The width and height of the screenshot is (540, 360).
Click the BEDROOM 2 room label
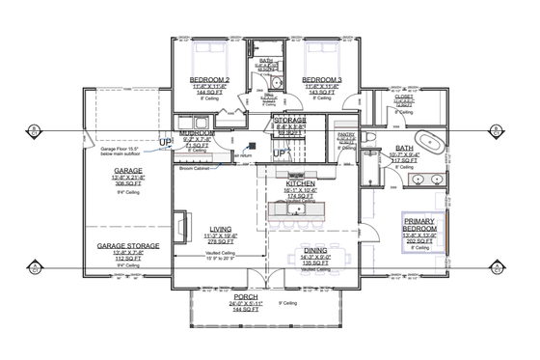[x=207, y=79]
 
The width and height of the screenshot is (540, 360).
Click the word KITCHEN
[x=302, y=182]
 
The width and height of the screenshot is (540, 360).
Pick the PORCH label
[x=236, y=298]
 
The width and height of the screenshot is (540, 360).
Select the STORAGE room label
[x=288, y=120]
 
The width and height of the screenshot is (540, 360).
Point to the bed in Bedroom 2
[x=208, y=52]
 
